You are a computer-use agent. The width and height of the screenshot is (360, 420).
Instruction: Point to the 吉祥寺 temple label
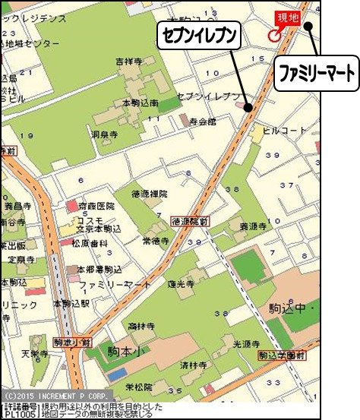click(129, 60)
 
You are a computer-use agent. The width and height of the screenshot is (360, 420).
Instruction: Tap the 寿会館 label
click(203, 120)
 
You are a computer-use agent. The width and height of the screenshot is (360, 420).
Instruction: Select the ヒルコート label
click(281, 130)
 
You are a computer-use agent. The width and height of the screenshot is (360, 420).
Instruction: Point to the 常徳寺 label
click(154, 239)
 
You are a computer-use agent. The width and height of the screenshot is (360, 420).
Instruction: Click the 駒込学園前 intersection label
click(281, 355)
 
